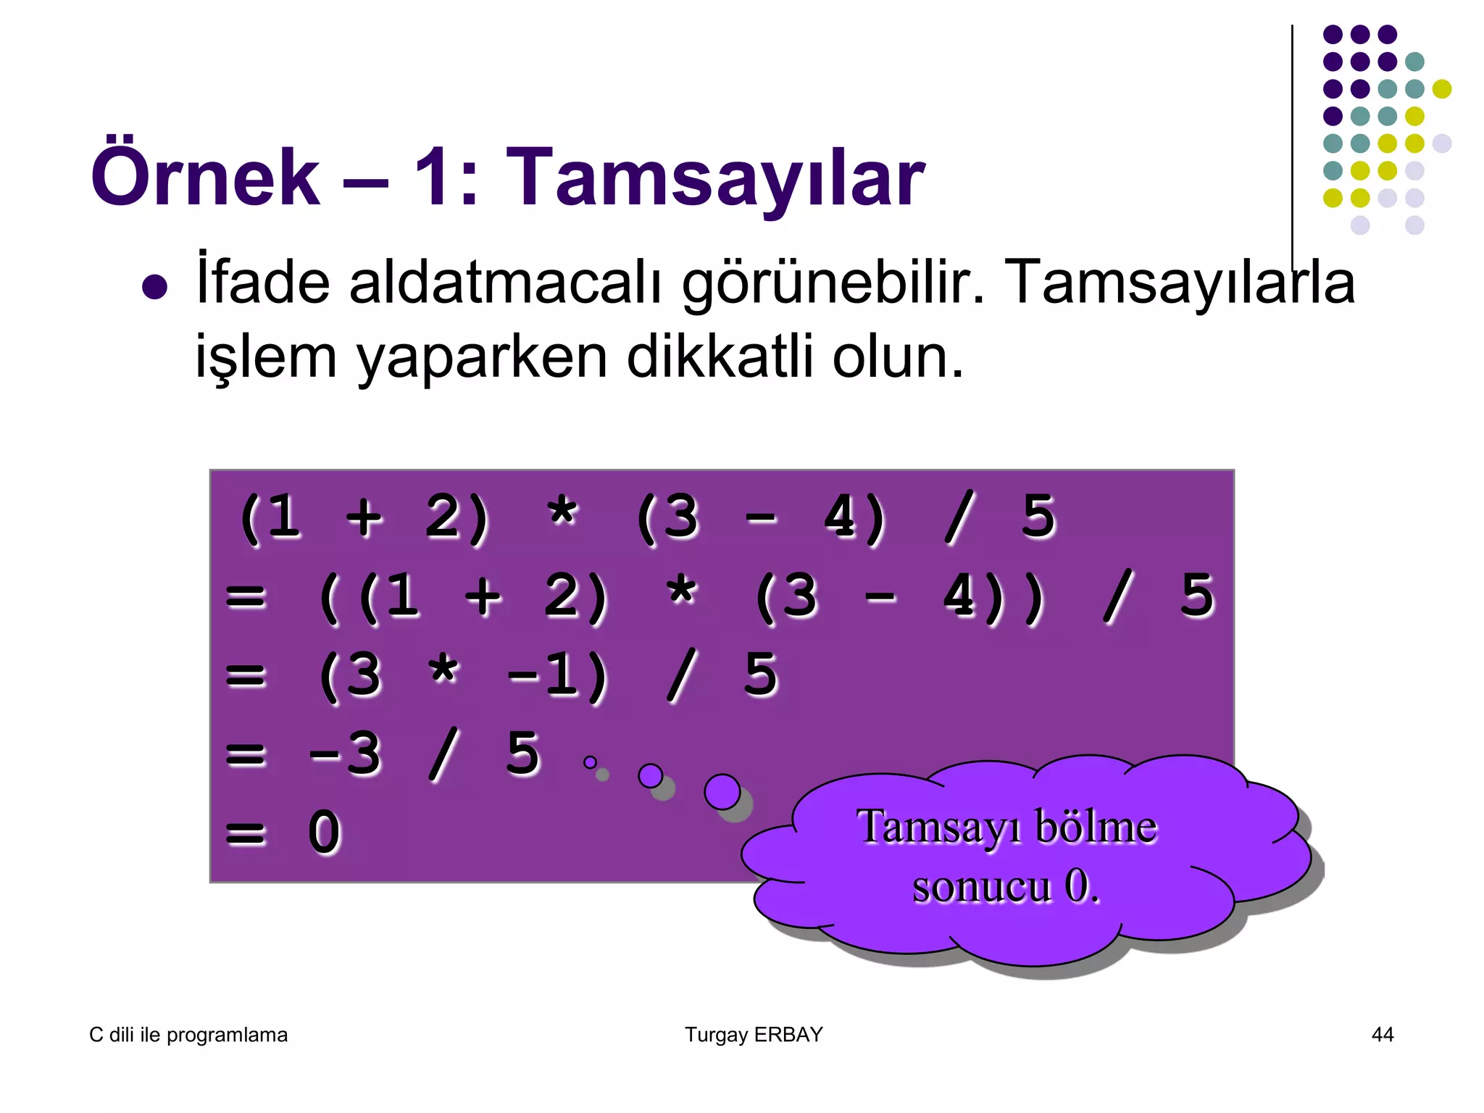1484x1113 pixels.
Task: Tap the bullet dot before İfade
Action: [x=155, y=287]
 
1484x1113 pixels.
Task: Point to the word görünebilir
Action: [x=834, y=284]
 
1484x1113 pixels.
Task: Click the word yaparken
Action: [x=481, y=359]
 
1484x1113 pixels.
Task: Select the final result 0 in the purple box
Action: [x=324, y=833]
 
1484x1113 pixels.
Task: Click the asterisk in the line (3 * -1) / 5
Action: [x=443, y=673]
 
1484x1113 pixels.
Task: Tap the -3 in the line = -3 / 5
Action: [x=345, y=754]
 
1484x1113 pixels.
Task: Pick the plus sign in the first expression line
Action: [x=364, y=517]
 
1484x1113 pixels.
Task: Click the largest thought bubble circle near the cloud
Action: [x=722, y=791]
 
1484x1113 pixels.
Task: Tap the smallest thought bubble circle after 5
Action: [x=590, y=762]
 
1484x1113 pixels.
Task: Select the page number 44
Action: [x=1383, y=1034]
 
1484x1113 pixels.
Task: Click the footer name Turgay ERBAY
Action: [x=754, y=1034]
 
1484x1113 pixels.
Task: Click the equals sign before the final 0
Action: [x=246, y=833]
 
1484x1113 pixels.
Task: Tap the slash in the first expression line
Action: [x=958, y=517]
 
